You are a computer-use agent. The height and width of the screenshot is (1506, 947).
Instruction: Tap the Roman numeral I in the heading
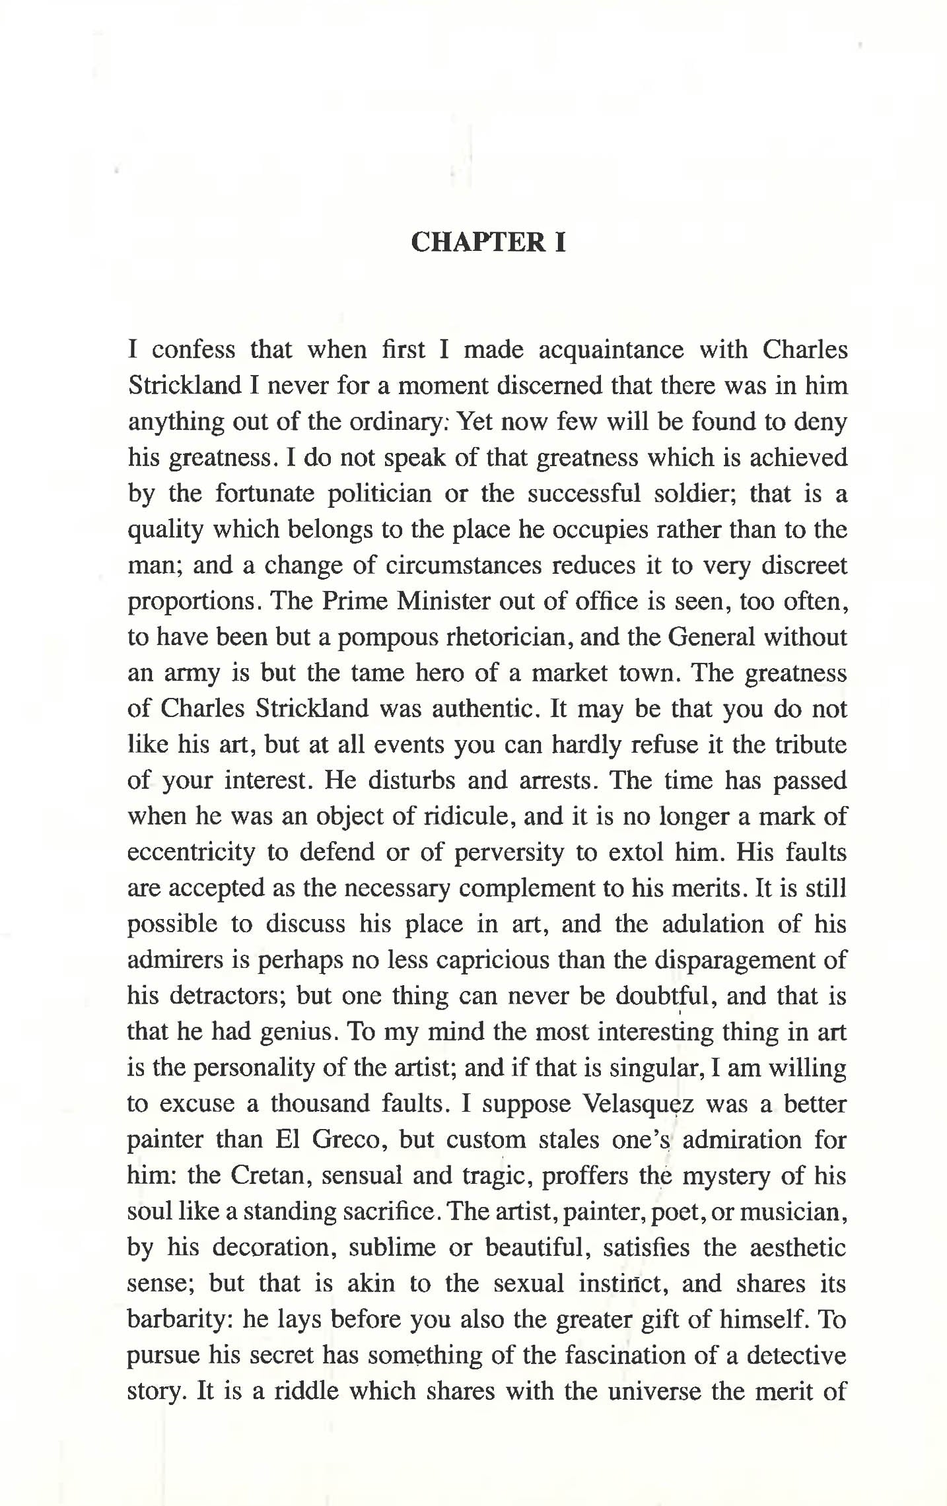click(x=560, y=242)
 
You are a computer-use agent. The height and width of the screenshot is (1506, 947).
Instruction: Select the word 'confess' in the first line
click(x=193, y=349)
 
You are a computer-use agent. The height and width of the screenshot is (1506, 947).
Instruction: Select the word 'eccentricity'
click(x=191, y=852)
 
